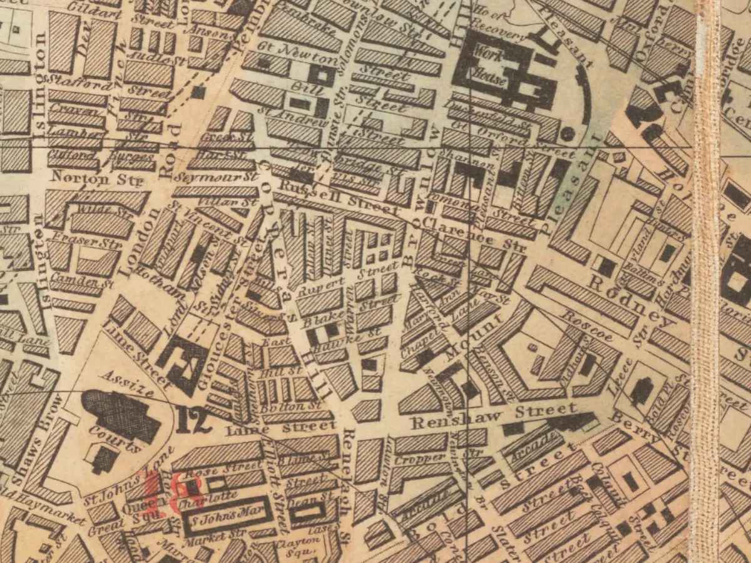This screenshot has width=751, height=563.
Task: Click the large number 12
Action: point(193,420)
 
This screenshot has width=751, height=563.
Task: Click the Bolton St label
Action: point(282,407)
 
